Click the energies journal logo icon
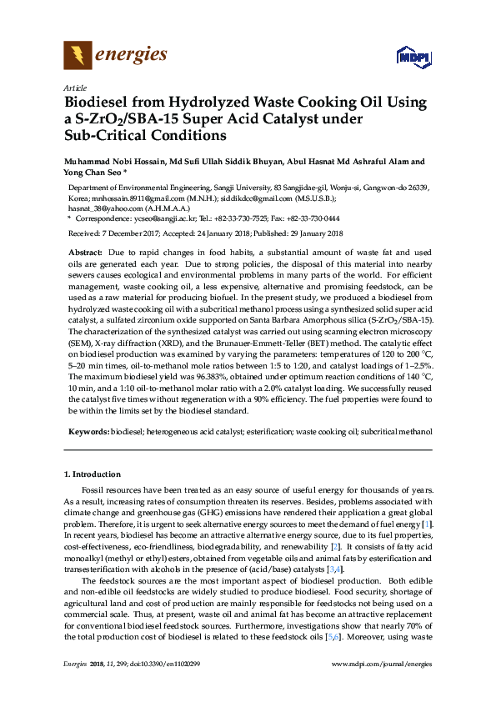(x=78, y=56)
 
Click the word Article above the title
(x=74, y=87)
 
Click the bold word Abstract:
(x=84, y=251)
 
